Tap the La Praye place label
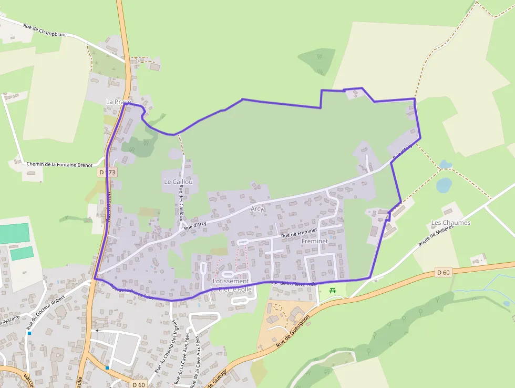[x=118, y=102]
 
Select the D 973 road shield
[x=107, y=172]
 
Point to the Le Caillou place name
[x=178, y=182]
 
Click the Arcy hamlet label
[x=257, y=209]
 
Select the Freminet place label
[x=315, y=241]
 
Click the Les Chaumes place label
[x=450, y=223]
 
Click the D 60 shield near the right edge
[x=444, y=272]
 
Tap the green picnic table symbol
[x=332, y=290]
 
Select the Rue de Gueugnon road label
[x=294, y=332]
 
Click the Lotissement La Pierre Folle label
[x=231, y=285]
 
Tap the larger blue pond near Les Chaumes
[x=444, y=185]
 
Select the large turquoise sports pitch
[x=14, y=233]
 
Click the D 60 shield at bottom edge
[x=139, y=385]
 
